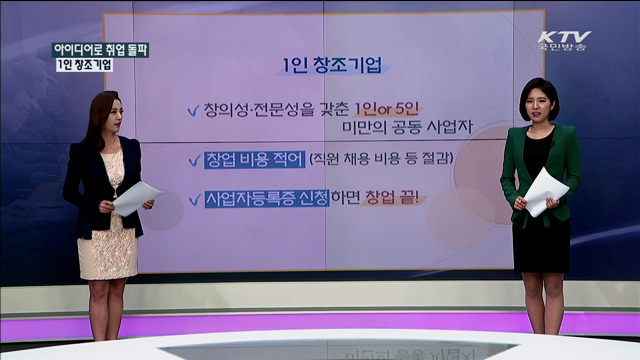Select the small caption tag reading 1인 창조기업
click(84, 65)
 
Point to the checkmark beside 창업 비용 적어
click(192, 159)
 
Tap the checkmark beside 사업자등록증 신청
click(192, 198)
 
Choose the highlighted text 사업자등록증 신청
click(265, 198)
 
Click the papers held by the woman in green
click(546, 189)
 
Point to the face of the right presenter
click(536, 104)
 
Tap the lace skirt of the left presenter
click(107, 245)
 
